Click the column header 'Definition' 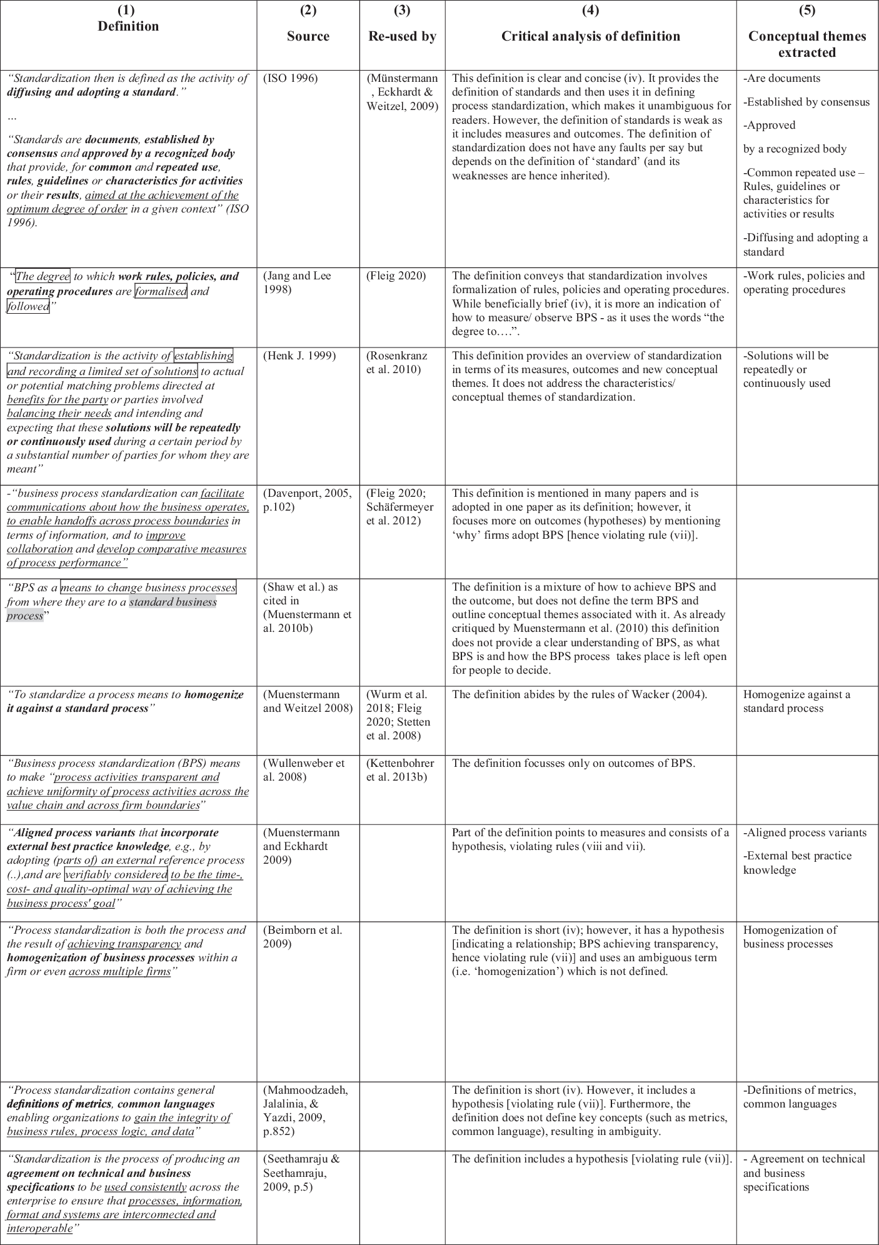pyautogui.click(x=128, y=26)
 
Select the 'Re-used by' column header pyautogui.click(x=402, y=36)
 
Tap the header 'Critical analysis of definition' pyautogui.click(x=590, y=36)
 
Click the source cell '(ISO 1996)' pyautogui.click(x=291, y=79)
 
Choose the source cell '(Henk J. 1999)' pyautogui.click(x=299, y=356)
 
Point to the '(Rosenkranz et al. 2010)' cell pyautogui.click(x=396, y=362)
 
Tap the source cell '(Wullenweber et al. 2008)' pyautogui.click(x=304, y=770)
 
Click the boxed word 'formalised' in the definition pyautogui.click(x=161, y=291)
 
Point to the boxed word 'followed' pyautogui.click(x=28, y=306)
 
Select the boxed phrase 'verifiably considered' pyautogui.click(x=116, y=874)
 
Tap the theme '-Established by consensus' pyautogui.click(x=806, y=102)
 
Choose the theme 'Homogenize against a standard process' pyautogui.click(x=796, y=701)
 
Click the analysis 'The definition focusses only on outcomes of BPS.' pyautogui.click(x=573, y=763)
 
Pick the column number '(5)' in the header pyautogui.click(x=806, y=11)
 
